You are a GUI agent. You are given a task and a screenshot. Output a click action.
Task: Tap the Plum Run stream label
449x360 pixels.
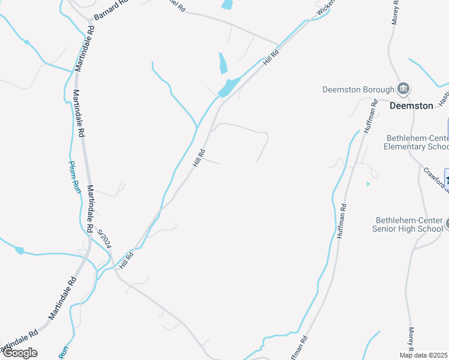74,176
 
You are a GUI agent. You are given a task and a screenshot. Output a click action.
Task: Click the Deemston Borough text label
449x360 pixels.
358,90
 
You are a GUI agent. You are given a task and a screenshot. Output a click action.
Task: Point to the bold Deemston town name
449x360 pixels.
411,106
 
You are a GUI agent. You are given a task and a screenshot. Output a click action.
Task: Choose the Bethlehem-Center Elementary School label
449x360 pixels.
417,142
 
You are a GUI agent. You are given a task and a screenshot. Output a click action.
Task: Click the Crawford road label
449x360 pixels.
435,178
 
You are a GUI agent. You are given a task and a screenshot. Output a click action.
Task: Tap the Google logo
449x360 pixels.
20,353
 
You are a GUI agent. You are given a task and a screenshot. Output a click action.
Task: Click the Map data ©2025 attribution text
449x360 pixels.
424,355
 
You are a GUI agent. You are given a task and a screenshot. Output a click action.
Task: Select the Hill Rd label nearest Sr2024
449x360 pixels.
126,259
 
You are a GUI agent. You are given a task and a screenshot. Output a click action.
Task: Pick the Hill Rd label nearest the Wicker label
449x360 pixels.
271,58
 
